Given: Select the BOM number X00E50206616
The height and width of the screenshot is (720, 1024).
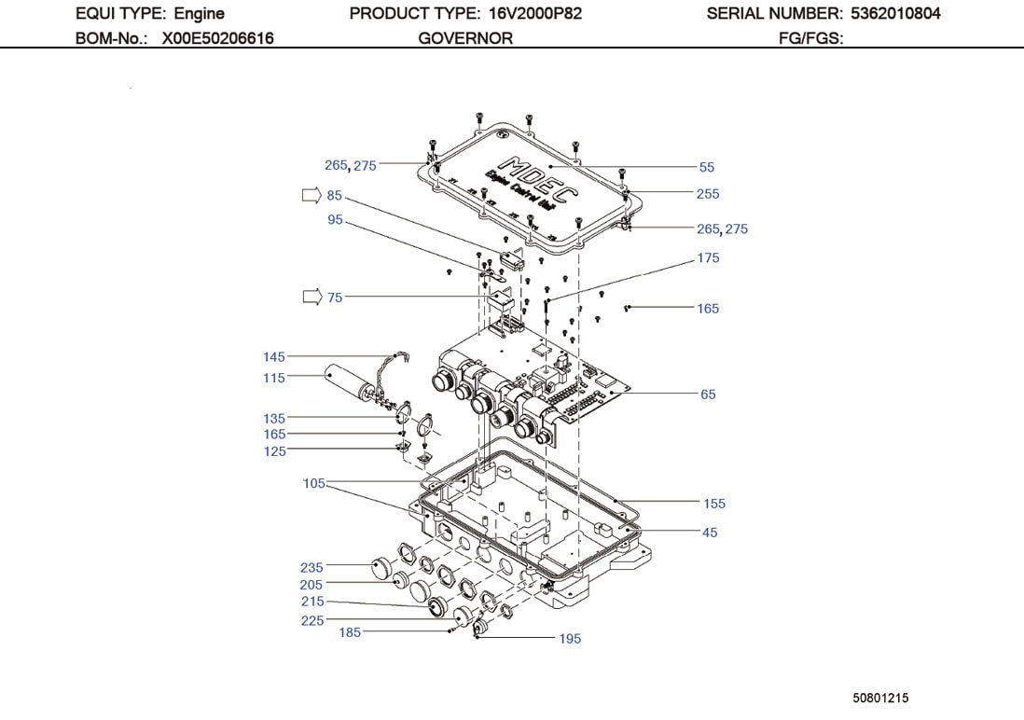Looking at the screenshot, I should point(217,38).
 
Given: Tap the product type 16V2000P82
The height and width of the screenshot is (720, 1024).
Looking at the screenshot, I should point(535,14).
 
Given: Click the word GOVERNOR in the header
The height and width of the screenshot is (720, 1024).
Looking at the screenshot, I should point(465,38).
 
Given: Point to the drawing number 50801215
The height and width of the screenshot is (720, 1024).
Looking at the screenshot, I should point(880,698).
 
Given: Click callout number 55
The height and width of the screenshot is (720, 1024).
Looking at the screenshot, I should point(707,167).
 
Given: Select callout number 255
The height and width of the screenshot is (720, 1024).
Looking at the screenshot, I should point(708,194).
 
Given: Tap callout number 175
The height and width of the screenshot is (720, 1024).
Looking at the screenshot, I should point(708,258).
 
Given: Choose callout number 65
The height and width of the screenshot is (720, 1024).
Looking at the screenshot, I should point(708,395).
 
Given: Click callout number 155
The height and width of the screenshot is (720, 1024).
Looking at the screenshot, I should point(713,504).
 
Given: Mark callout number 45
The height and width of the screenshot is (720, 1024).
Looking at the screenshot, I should point(710,533).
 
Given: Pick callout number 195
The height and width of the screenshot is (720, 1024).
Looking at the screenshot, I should point(570,639).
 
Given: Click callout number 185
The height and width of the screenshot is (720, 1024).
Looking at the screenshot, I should point(350,632).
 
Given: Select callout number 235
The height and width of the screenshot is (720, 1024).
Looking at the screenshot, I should point(311,567).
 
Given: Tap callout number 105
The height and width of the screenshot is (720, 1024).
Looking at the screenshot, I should point(314,483).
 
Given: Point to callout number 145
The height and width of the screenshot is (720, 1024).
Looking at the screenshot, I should point(274,357).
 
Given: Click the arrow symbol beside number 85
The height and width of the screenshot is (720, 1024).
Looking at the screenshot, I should point(310,196).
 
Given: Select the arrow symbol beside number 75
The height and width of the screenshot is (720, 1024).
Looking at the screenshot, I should point(310,298).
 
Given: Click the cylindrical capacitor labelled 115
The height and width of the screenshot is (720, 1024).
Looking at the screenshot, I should point(351,383).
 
